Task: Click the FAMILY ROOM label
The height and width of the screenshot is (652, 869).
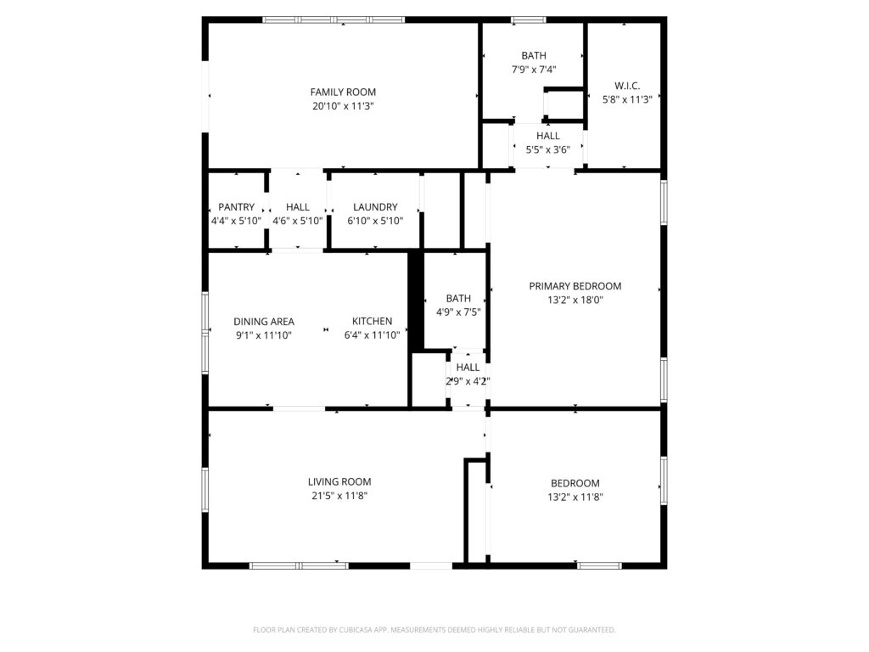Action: coord(343,92)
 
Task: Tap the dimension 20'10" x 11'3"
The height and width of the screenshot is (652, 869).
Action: coord(343,106)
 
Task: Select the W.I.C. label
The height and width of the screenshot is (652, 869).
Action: coord(627,86)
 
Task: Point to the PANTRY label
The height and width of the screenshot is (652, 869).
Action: coord(236,207)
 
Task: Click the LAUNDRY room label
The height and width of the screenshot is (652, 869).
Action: coord(375,207)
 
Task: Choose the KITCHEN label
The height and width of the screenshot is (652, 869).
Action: coord(372,321)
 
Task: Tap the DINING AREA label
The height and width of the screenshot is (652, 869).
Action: coord(264,322)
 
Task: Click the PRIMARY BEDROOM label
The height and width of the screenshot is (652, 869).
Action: coord(575,286)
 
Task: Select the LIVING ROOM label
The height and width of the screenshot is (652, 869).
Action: coord(339,482)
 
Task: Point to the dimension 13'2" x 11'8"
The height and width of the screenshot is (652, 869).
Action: coord(575,497)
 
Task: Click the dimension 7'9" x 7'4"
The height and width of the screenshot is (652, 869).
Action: coord(534,70)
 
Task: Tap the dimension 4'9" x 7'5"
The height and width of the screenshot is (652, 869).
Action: coord(458,312)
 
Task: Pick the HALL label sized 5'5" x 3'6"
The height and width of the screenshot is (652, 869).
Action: coord(548,136)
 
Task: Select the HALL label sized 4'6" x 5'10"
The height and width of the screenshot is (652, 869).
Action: coord(298,207)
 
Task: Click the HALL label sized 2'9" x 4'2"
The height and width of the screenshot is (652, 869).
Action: coord(468,368)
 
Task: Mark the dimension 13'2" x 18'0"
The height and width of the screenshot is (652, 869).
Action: coord(575,300)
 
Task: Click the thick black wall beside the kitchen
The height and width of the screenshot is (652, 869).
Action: coord(416,301)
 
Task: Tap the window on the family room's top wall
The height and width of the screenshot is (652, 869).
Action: coord(334,20)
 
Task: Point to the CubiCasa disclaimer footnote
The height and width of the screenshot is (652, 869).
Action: coord(434,630)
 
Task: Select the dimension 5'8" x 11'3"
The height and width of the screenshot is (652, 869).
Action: coord(627,100)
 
